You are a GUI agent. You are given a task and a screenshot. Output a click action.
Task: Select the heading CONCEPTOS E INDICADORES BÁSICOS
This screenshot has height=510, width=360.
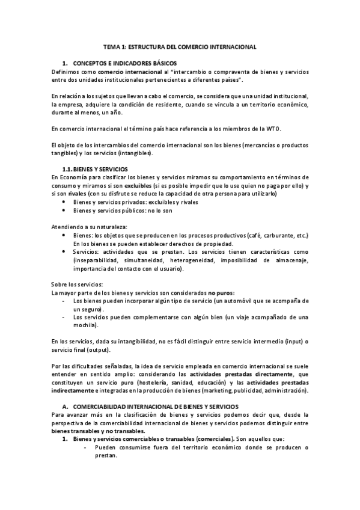pos(121,63)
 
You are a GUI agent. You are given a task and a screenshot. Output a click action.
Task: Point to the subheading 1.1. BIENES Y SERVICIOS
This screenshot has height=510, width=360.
pos(99,169)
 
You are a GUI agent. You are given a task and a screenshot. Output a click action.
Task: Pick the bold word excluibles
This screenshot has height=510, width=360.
pos(141,186)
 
